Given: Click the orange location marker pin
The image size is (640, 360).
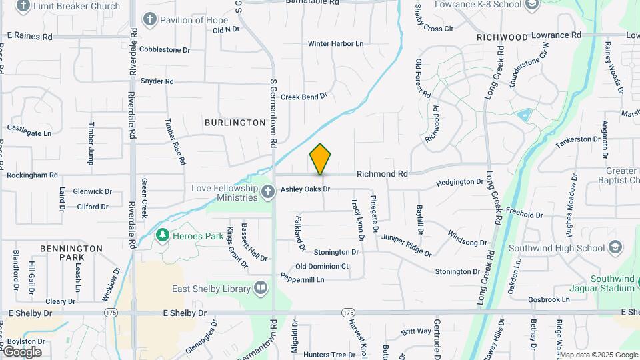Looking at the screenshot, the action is point(321,159).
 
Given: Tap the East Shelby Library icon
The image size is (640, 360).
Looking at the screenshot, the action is point(260,288).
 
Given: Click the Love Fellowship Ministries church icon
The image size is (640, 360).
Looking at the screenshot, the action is point(267,193).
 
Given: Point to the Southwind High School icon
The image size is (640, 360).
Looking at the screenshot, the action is point(616,248).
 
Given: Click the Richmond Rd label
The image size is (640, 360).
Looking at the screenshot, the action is point(382,174).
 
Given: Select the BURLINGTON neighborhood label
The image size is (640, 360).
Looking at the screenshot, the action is point(235,123).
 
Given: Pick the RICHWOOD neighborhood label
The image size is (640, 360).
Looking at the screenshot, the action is point(502,38).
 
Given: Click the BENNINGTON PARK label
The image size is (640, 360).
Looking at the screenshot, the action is point(71,253).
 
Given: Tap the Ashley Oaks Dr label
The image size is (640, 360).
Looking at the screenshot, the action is point(305,189).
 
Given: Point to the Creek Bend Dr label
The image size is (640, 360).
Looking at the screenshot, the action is point(304,97).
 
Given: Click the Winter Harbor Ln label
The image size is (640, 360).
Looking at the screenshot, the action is point(335,44).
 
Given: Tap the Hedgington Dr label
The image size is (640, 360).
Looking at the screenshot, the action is point(459,182).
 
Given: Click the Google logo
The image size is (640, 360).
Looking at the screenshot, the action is point(22,351).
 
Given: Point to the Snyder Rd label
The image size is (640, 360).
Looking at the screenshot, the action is point(157,81).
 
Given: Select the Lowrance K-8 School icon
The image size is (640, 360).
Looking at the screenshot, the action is point(531,5).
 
